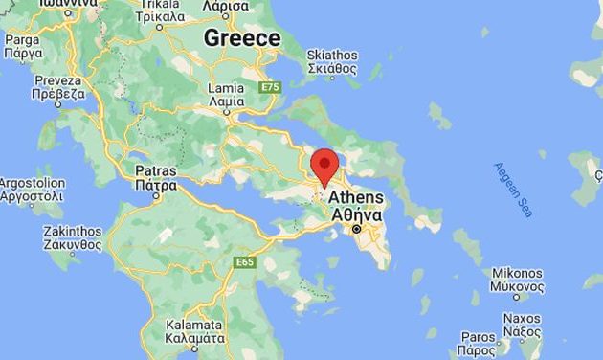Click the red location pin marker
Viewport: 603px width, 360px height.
325,166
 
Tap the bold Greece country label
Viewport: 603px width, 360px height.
242,38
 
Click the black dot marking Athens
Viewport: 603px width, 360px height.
356,230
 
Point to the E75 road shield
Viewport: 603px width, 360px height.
270,87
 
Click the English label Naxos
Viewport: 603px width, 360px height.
523,318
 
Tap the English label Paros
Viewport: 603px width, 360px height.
478,337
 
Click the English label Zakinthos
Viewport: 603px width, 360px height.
73,231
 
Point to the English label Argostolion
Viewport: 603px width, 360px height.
32,183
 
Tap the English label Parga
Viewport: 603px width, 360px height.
20,39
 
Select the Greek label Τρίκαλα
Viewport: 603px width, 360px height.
160,16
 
